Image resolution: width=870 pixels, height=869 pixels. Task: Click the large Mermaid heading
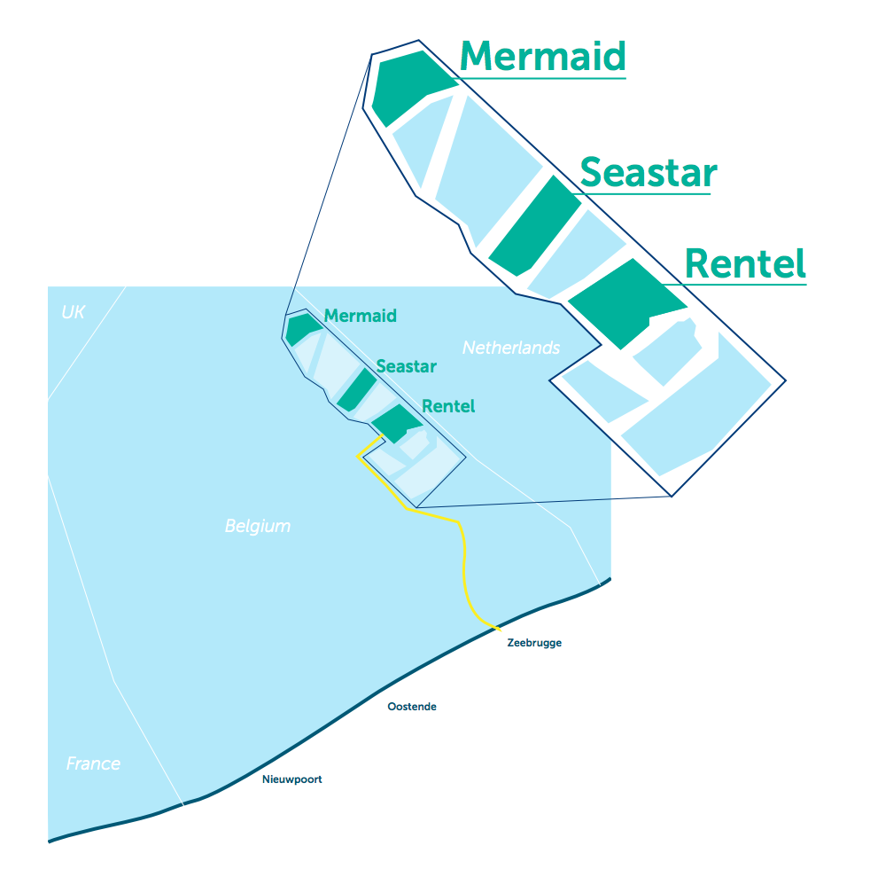tap(542, 56)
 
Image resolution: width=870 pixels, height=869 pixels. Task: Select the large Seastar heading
tap(648, 172)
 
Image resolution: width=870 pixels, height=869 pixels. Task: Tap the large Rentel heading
tap(745, 263)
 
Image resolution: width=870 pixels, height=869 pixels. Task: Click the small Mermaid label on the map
tap(360, 316)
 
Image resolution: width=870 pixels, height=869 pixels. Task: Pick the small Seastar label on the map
tap(406, 366)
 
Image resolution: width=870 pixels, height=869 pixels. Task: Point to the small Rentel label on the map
tap(448, 406)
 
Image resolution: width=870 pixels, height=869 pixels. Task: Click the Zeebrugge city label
tap(534, 643)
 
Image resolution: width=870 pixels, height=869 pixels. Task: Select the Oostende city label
tap(412, 707)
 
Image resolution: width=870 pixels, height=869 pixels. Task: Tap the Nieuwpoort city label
tap(292, 779)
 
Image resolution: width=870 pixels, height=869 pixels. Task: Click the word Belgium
tap(257, 526)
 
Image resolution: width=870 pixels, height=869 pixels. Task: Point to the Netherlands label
tap(511, 348)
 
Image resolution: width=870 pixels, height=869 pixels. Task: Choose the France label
tap(93, 763)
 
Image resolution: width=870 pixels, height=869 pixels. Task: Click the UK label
tap(73, 312)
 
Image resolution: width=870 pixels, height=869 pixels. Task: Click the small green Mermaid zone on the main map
tap(301, 327)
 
